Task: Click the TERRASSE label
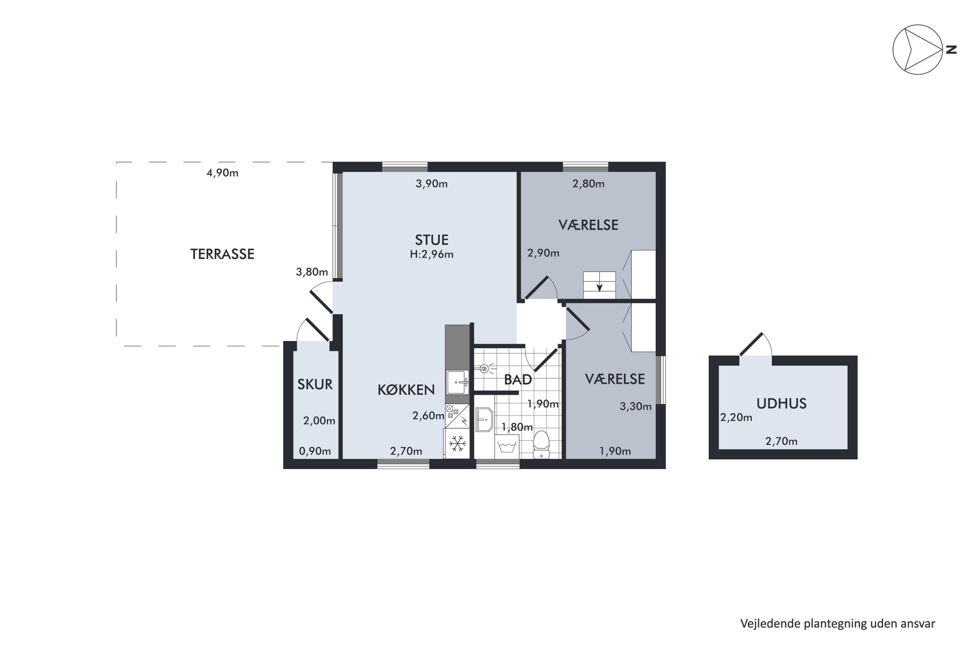pos(222,254)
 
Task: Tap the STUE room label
pos(431,240)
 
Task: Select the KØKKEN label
pos(406,390)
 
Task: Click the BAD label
pos(518,380)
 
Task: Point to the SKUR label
pos(315,384)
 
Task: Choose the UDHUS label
pos(781,403)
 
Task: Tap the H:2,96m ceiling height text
pos(431,254)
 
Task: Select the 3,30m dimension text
pos(636,407)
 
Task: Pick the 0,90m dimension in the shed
pos(315,451)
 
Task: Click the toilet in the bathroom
pos(541,444)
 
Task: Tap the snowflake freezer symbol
pos(457,444)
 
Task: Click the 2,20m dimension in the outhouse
pos(736,418)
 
